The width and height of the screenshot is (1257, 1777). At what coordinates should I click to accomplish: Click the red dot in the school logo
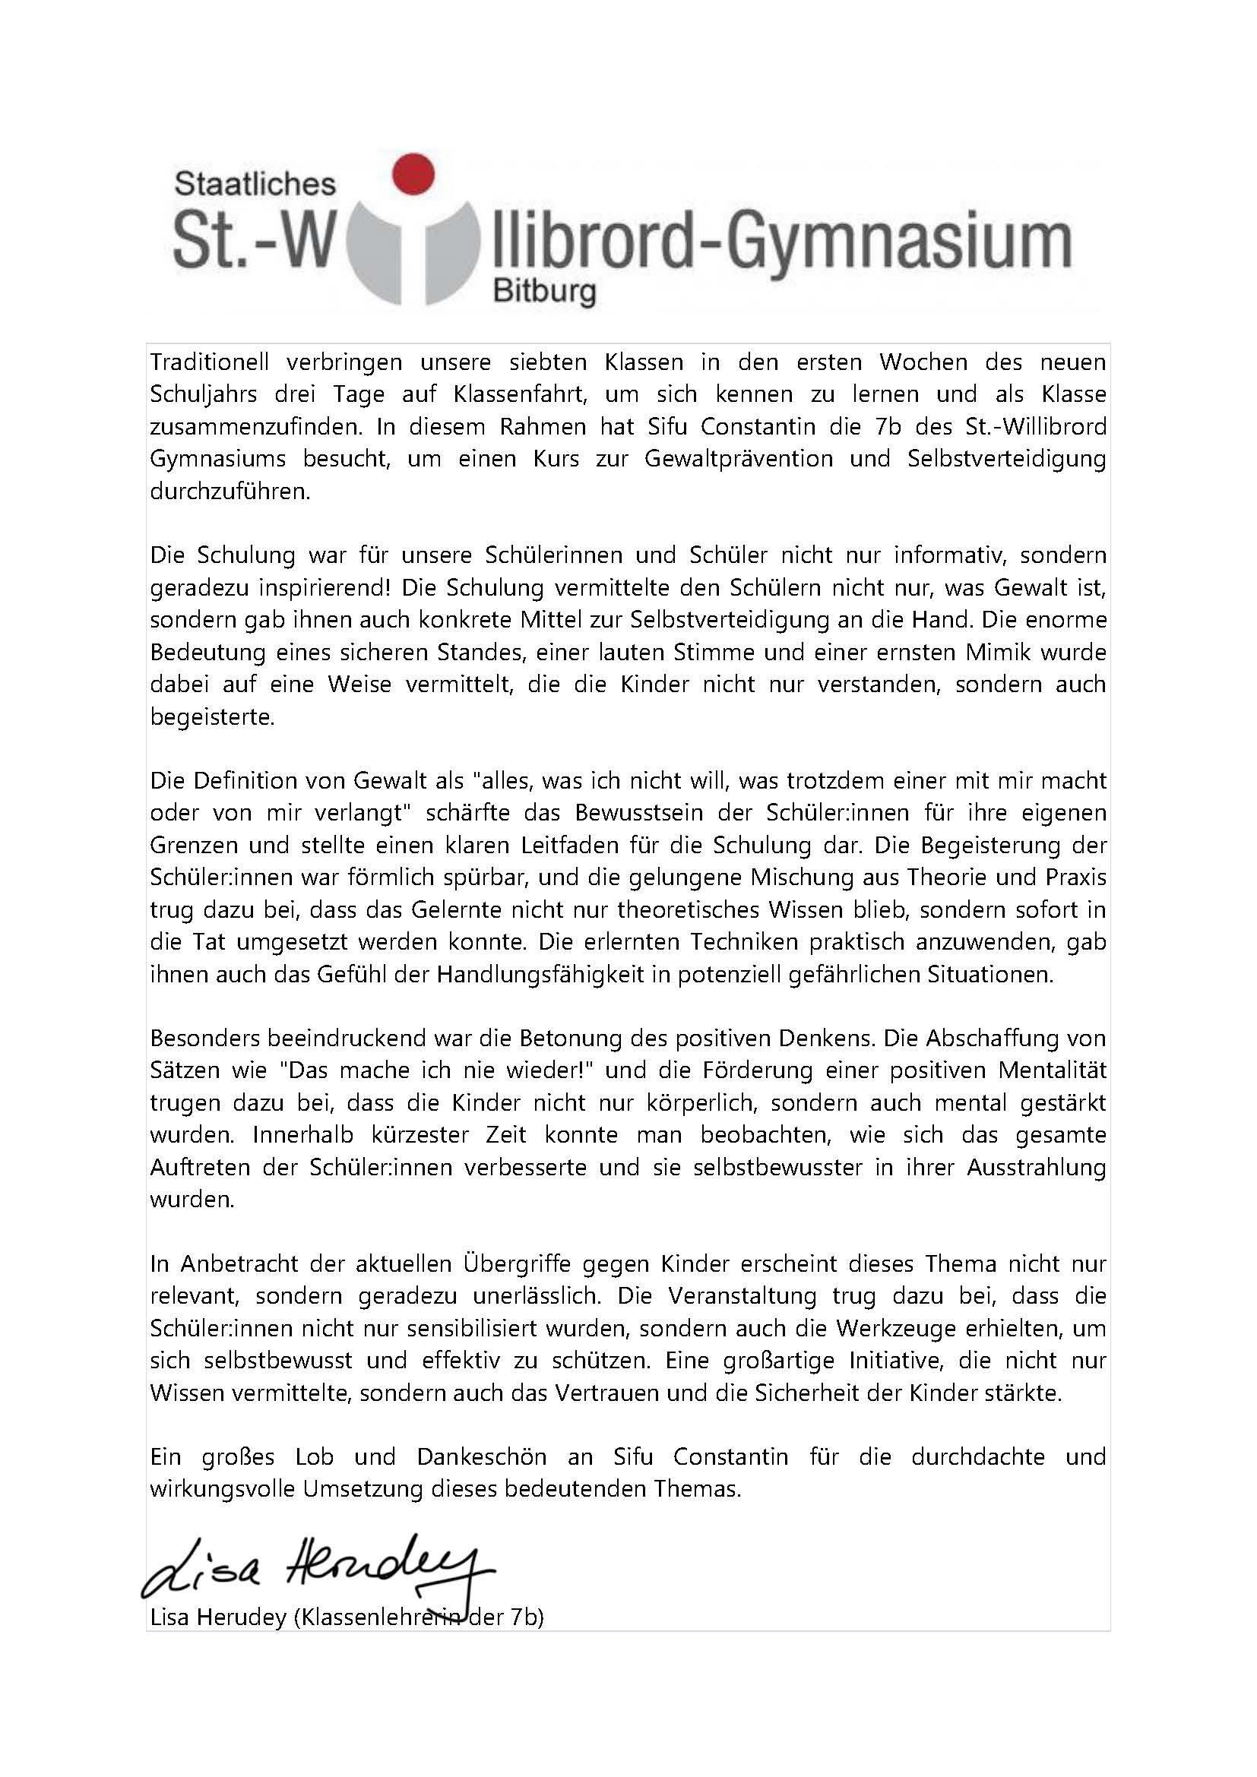click(x=413, y=172)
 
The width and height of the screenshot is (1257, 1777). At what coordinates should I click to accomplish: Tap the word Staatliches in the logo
click(x=255, y=184)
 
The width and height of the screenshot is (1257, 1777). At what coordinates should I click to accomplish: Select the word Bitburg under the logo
click(x=544, y=292)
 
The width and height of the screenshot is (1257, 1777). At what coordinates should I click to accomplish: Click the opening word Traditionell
click(x=209, y=362)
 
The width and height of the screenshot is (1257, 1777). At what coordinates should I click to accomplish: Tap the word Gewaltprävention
click(x=739, y=459)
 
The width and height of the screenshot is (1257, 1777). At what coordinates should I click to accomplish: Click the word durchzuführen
click(x=230, y=492)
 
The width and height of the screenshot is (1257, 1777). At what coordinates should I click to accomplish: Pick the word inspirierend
click(x=313, y=588)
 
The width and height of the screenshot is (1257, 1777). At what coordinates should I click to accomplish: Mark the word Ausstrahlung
click(x=1037, y=1167)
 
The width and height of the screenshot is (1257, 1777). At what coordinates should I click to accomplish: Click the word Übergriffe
click(x=516, y=1264)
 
